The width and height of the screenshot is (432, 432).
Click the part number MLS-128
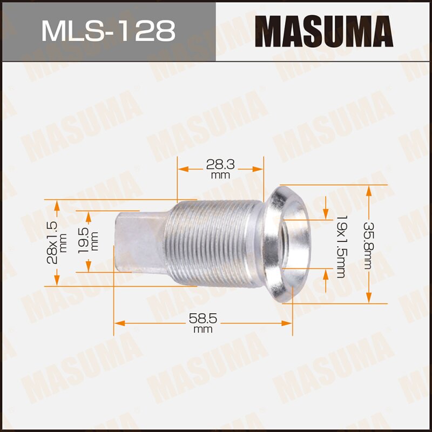(x=108, y=31)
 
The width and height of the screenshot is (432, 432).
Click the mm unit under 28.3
(x=220, y=175)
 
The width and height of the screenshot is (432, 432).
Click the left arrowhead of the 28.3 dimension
(x=183, y=169)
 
